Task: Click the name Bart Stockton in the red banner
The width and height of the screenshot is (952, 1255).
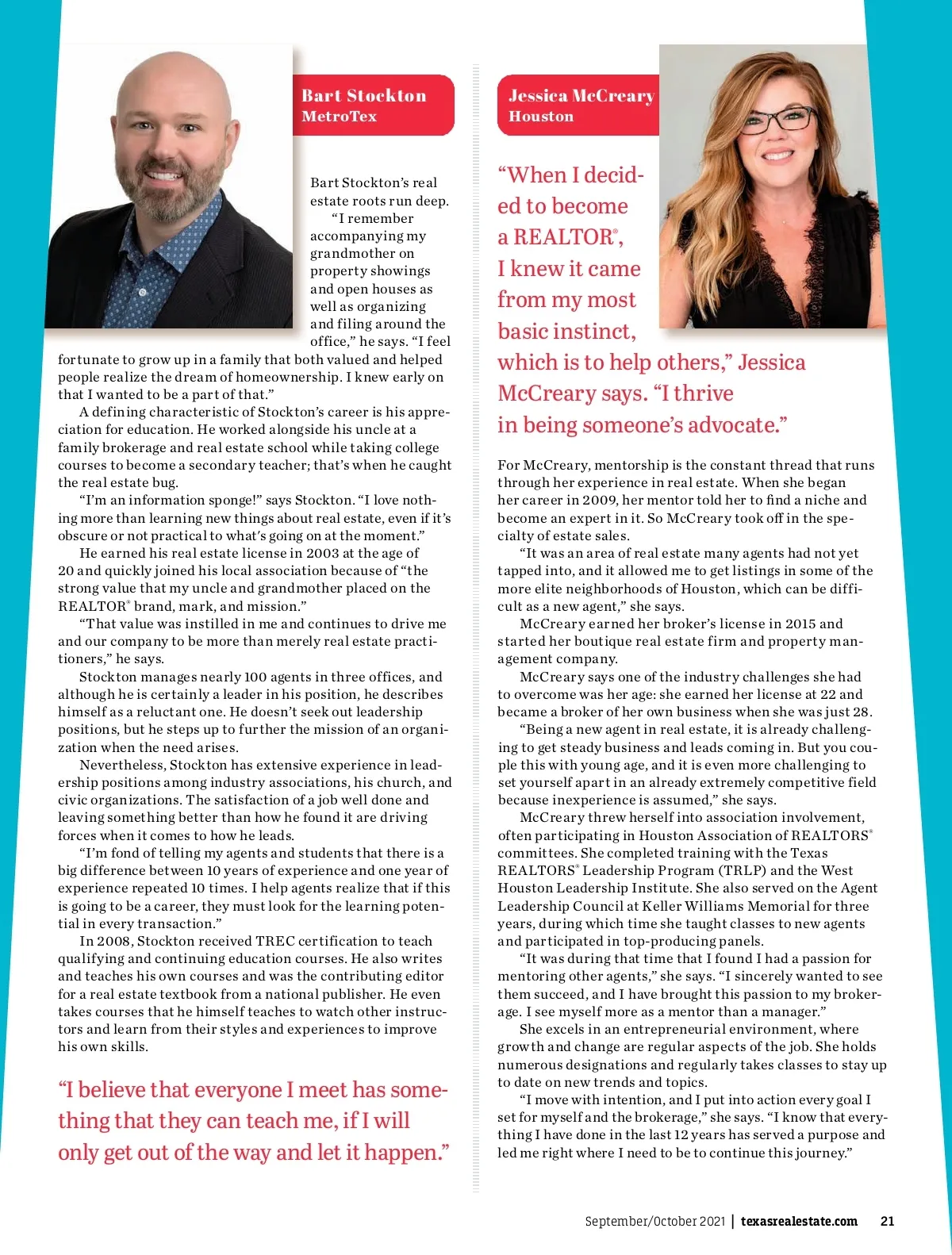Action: pos(363,96)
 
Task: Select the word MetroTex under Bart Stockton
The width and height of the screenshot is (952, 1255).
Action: pos(339,117)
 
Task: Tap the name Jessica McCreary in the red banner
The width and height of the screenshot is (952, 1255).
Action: pos(581,96)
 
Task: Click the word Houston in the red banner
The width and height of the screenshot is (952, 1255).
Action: pos(540,117)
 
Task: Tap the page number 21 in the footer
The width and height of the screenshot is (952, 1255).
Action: pos(887,1221)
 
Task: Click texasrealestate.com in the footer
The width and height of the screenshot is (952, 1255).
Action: pos(798,1221)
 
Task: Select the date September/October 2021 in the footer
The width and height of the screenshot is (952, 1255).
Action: pos(654,1221)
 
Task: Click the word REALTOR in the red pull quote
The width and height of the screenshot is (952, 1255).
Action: pos(562,237)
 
